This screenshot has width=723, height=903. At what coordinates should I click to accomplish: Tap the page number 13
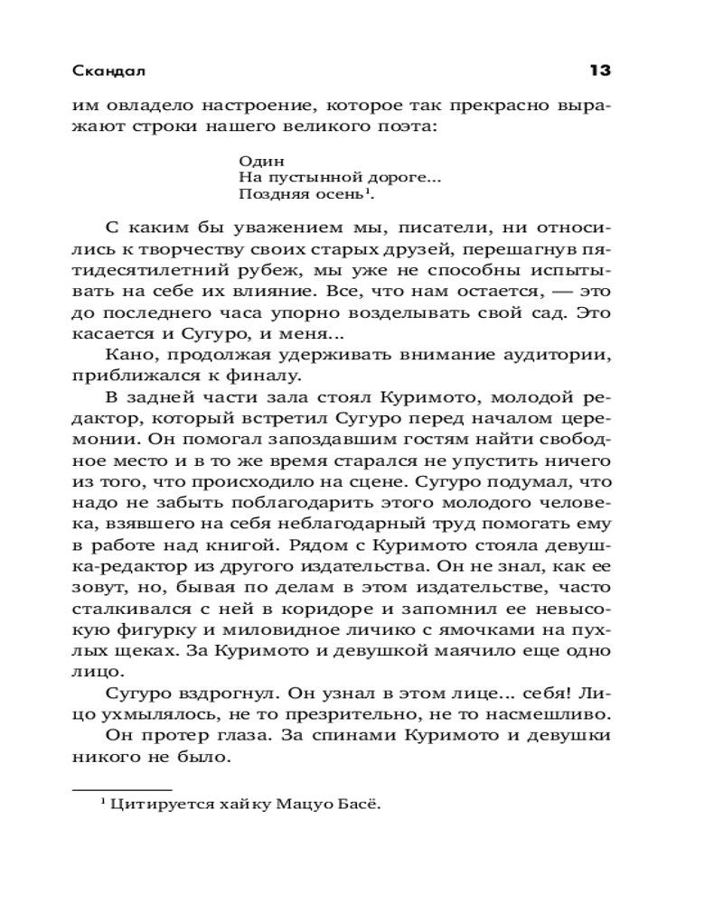(600, 70)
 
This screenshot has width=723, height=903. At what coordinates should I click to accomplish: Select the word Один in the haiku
(255, 160)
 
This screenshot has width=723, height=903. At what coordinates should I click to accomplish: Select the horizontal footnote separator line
(121, 789)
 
